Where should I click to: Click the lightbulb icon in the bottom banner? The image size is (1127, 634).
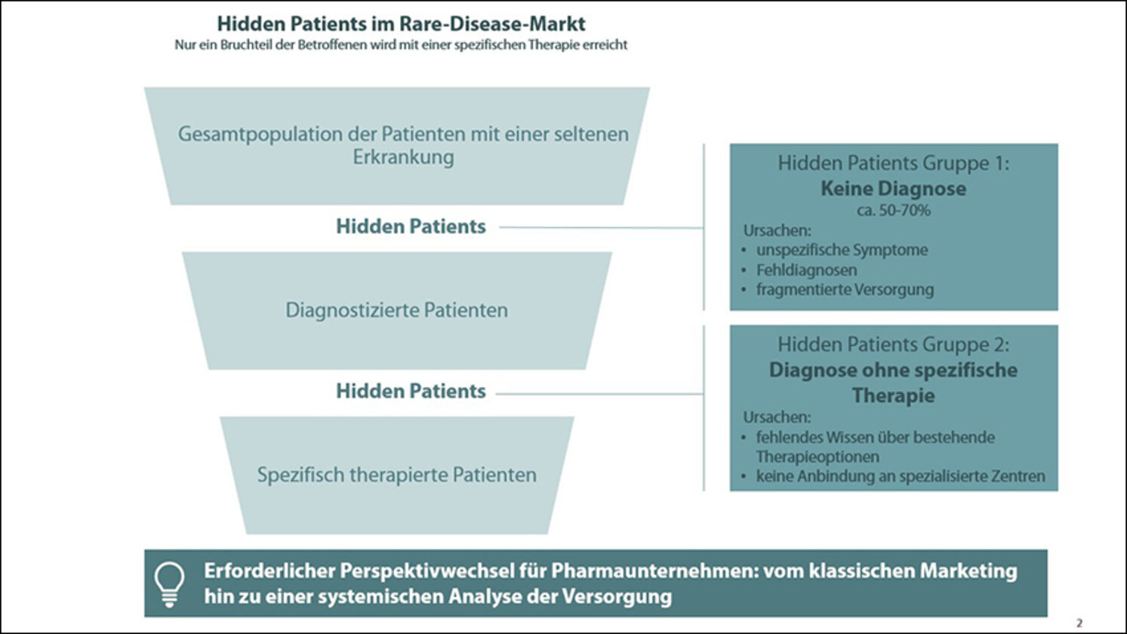tap(170, 584)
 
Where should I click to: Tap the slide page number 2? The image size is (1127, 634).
tap(1079, 623)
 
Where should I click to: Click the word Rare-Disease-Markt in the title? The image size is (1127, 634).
tap(493, 23)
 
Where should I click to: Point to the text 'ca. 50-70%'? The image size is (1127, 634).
tap(894, 210)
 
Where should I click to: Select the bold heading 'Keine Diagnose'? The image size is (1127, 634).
tap(894, 188)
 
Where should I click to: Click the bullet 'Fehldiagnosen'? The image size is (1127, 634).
tap(806, 270)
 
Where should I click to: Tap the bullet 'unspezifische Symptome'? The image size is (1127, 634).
tap(842, 250)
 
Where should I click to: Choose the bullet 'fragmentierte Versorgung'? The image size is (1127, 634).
tap(845, 290)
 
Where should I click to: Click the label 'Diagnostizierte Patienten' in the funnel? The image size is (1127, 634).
tap(397, 310)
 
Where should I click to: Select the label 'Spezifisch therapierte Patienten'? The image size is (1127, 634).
tap(397, 475)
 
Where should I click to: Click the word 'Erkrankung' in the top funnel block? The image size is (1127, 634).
tap(403, 157)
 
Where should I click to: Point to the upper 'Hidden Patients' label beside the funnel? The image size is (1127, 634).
tap(411, 226)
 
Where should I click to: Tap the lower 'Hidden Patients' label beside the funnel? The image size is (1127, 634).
tap(411, 391)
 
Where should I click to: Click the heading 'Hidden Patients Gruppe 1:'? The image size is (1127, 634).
tap(894, 164)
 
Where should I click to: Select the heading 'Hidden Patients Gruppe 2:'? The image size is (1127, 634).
tap(894, 345)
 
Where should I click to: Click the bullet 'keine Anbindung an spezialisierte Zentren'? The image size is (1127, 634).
tap(901, 476)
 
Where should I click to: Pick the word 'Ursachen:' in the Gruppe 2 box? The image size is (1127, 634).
tap(778, 417)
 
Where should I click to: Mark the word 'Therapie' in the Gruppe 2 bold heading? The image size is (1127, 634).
tap(894, 395)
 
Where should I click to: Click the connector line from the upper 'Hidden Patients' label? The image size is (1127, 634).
tap(602, 227)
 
